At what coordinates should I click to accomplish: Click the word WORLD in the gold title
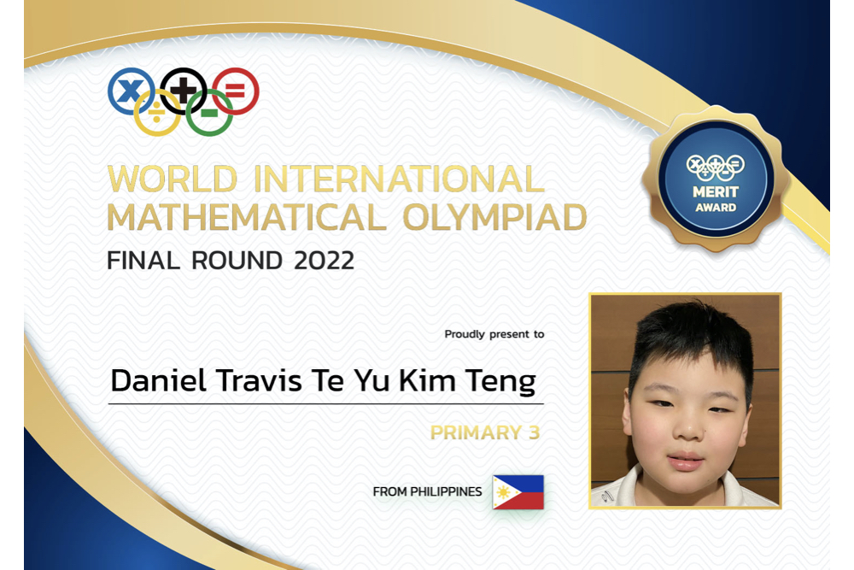[x=173, y=179]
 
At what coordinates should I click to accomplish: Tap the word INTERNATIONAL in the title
[x=399, y=179]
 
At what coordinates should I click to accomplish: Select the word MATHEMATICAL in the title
[x=246, y=217]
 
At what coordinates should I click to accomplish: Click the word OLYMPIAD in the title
[x=494, y=217]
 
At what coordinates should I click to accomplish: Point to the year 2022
[x=324, y=261]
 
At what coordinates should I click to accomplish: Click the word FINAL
[x=143, y=261]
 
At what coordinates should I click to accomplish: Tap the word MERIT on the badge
[x=716, y=191]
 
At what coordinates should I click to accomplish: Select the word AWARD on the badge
[x=716, y=208]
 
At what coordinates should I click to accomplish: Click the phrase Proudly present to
[x=494, y=334]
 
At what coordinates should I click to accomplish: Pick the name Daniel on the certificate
[x=159, y=380]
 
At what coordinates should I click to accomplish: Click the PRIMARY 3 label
[x=485, y=432]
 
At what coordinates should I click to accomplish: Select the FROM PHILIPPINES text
[x=428, y=491]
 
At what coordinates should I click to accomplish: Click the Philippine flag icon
[x=518, y=492]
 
